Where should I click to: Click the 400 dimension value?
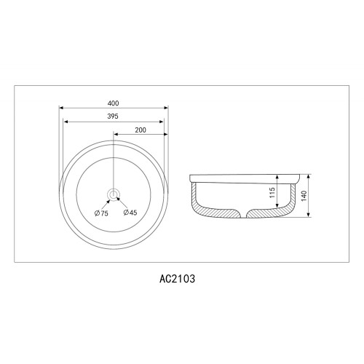click(113, 103)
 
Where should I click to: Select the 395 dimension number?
click(113, 116)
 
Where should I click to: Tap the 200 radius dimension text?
click(141, 130)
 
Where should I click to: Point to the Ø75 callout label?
click(101, 213)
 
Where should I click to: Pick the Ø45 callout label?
click(130, 213)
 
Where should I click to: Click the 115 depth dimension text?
click(272, 192)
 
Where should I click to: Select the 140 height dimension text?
click(304, 196)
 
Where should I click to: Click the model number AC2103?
click(177, 279)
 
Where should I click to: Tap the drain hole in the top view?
click(114, 194)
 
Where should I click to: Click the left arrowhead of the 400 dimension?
click(61, 108)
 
